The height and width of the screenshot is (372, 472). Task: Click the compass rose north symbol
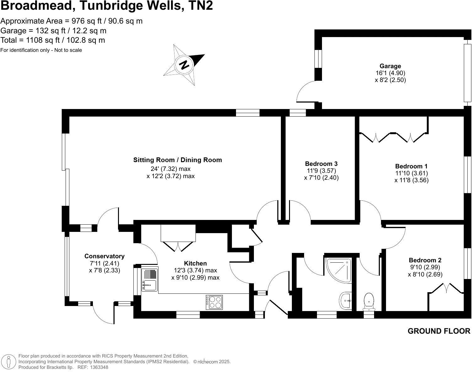point(184,65)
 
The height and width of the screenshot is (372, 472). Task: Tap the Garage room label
point(390,66)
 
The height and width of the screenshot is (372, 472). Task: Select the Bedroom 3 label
point(321,164)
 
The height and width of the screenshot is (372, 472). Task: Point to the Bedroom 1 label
point(411,166)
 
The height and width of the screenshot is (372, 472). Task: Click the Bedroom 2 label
point(425,260)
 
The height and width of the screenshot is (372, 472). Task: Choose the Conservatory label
point(104,256)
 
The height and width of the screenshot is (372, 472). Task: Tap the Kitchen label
point(195,263)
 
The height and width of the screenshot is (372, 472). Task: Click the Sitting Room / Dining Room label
point(177,160)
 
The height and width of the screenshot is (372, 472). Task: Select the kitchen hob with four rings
point(214,302)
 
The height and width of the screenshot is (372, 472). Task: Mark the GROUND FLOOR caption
point(439,331)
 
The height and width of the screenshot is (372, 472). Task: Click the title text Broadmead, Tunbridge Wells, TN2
point(107,6)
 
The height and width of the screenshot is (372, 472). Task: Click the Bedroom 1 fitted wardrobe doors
point(393,137)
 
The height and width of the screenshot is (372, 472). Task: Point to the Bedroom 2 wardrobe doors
point(446,288)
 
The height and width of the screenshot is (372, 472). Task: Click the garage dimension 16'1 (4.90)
point(390,73)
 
